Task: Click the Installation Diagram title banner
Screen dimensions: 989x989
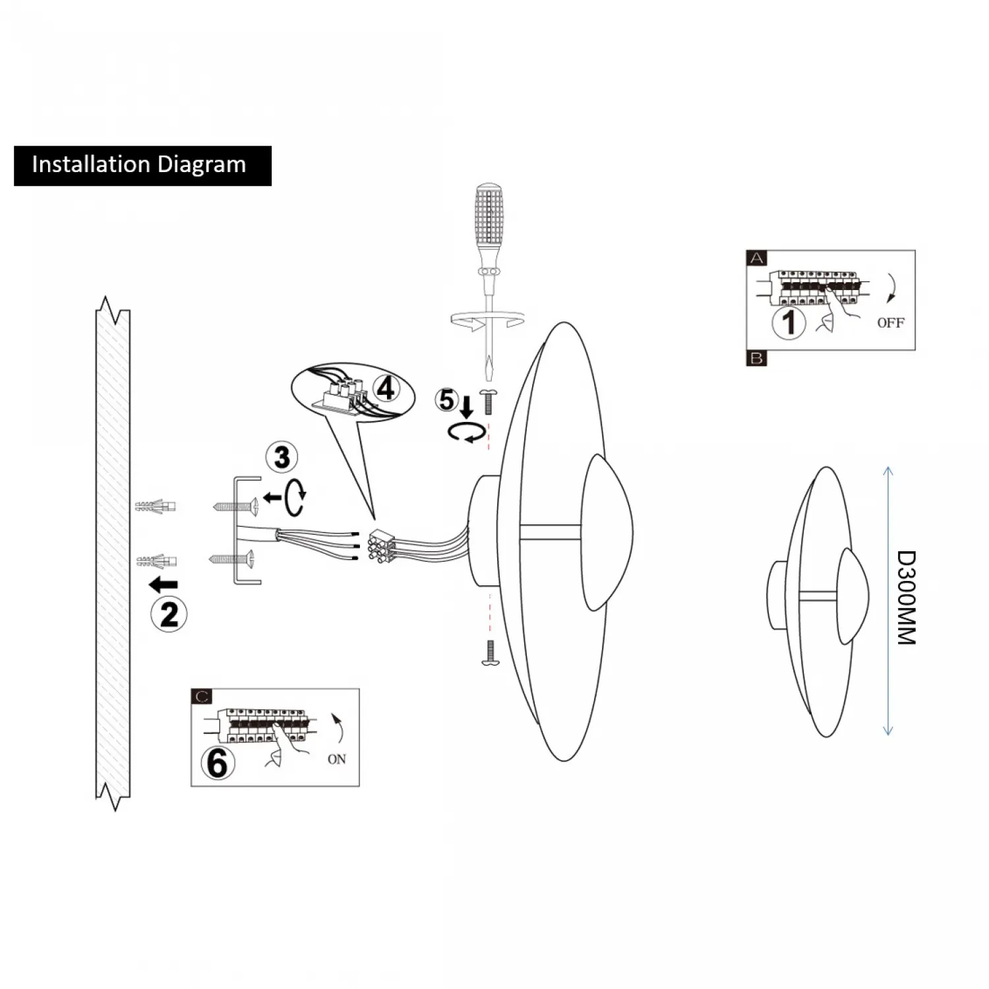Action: tap(142, 165)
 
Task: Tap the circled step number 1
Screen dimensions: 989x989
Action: tap(789, 322)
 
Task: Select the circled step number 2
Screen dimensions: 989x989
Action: tap(169, 614)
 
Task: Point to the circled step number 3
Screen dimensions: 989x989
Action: tap(282, 457)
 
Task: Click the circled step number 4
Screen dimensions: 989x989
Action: tap(386, 388)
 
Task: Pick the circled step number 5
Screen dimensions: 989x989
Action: tap(446, 400)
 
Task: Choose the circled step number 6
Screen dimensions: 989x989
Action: tap(218, 763)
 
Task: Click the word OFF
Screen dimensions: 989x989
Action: tap(890, 323)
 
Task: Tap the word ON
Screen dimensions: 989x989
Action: tap(336, 760)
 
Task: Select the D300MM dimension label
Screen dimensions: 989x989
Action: tap(907, 597)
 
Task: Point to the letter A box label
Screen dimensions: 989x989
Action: tap(756, 258)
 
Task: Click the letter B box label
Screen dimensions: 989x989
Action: tap(756, 358)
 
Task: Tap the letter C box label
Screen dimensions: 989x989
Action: tap(202, 697)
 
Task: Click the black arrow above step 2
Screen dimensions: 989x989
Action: tap(163, 584)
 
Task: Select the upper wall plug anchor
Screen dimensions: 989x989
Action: tap(156, 506)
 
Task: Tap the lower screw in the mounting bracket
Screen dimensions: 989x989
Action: tap(232, 560)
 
